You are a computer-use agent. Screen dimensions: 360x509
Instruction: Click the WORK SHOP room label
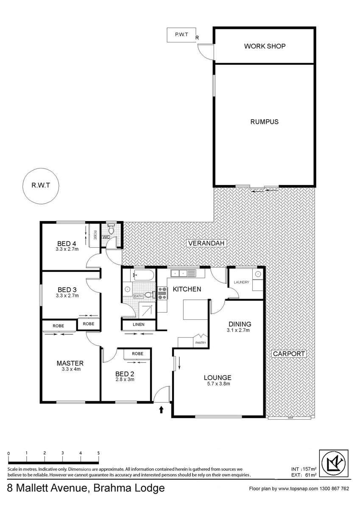point(265,46)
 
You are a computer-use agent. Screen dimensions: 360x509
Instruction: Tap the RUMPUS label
point(264,122)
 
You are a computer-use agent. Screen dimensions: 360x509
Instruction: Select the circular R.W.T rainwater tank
point(41,186)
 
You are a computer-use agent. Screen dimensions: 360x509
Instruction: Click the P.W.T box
point(181,35)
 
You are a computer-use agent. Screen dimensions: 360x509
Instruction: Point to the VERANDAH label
point(206,243)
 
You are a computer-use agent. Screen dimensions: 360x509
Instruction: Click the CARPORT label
point(289,354)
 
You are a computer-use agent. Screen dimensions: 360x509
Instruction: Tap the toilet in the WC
point(111,229)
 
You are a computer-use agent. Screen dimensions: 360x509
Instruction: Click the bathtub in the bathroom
point(142,275)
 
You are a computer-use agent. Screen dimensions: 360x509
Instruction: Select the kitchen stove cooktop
point(162,293)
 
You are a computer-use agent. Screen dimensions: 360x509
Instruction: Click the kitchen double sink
point(183,273)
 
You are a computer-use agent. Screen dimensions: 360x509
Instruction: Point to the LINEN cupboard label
point(139,324)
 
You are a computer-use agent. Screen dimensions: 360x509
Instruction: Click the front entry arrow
point(161,410)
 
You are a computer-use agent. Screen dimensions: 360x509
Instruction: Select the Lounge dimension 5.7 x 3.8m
point(217,384)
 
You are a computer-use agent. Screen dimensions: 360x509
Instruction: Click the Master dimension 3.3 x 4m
point(71,369)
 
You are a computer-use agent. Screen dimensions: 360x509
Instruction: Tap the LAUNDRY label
point(241,282)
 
